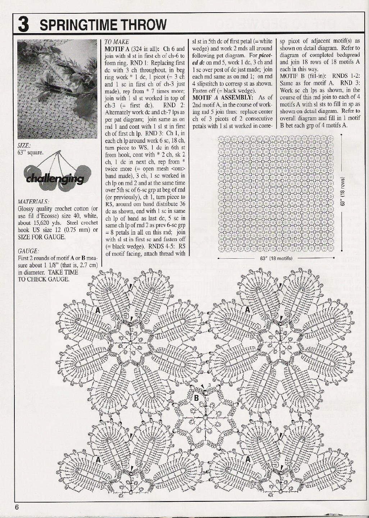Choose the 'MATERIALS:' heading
click(34, 201)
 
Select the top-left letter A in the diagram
click(97, 310)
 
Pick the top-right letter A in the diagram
click(247, 310)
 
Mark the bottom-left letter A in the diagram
click(97, 459)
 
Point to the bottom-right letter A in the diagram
click(247, 459)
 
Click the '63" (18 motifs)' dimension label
click(276, 258)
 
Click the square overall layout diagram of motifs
click(276, 193)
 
